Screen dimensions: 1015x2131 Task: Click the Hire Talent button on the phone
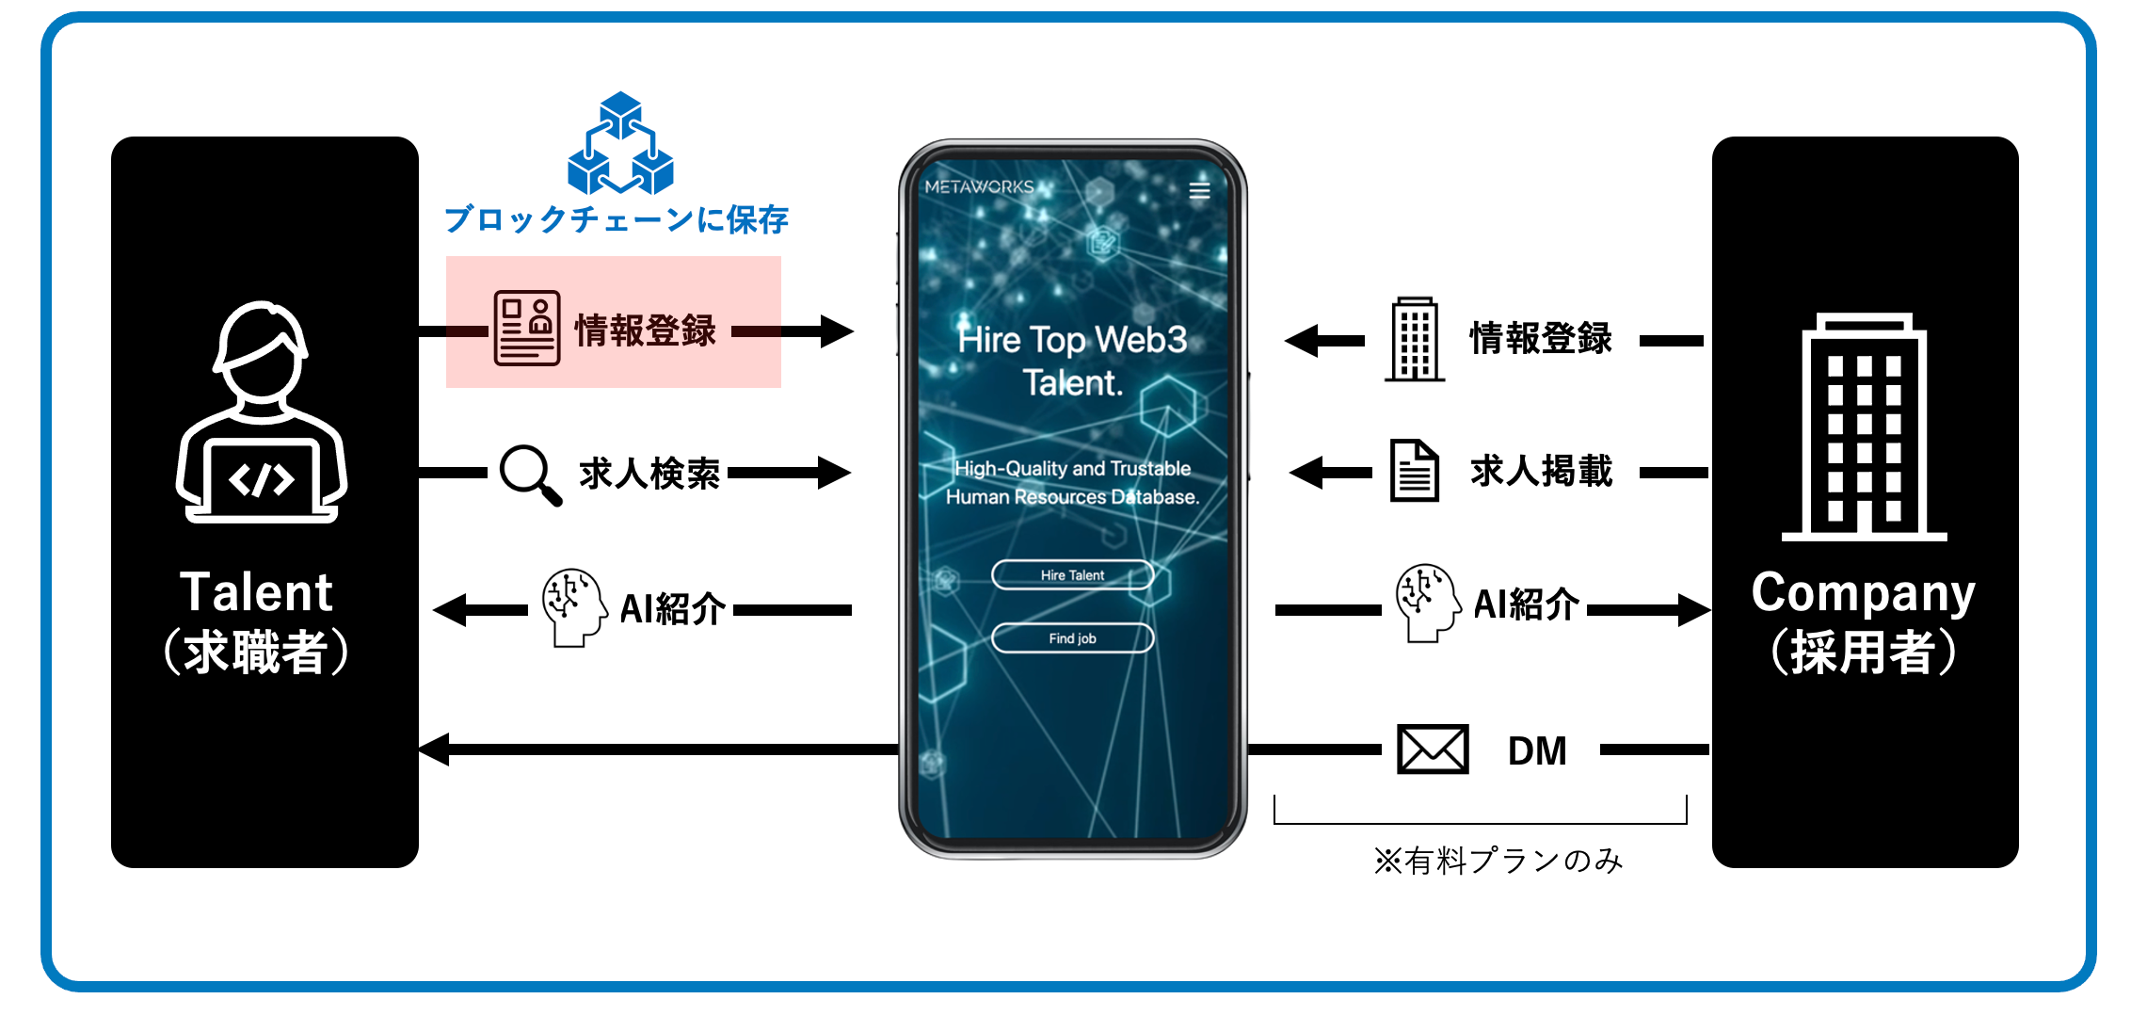tap(1072, 574)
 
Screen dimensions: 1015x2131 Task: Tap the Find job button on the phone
tap(1072, 638)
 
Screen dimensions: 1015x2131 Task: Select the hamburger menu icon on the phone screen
tap(1199, 190)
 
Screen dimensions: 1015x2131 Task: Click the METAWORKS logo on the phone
tap(979, 186)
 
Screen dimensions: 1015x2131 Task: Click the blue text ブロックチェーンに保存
tap(617, 219)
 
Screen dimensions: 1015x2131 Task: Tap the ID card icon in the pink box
tap(527, 328)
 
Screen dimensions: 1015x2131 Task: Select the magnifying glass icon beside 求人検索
tap(530, 474)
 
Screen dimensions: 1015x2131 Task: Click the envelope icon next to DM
tap(1432, 749)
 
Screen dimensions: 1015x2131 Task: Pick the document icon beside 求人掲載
tap(1415, 471)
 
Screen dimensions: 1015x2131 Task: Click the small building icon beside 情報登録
tap(1415, 339)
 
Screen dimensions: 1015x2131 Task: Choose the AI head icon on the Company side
tap(1427, 603)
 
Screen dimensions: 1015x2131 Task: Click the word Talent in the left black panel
tap(256, 592)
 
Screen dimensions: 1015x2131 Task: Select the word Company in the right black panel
tap(1863, 593)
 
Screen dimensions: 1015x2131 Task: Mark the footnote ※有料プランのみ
tap(1498, 861)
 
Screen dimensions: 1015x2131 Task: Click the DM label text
tap(1537, 751)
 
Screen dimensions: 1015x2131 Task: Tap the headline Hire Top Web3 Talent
tap(1072, 361)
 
